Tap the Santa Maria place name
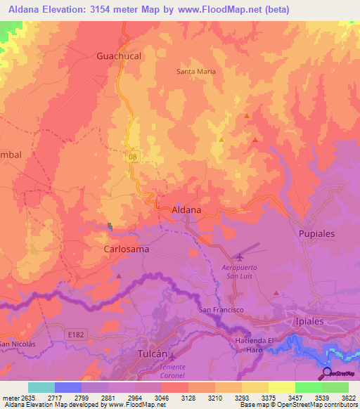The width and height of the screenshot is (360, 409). [x=196, y=71]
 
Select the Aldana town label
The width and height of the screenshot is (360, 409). [x=187, y=209]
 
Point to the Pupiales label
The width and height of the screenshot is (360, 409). [x=316, y=233]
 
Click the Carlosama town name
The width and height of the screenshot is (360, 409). [x=126, y=249]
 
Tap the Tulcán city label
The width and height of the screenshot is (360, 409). [x=155, y=354]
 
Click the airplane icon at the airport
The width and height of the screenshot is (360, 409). [x=241, y=258]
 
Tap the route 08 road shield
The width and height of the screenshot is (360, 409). [x=133, y=158]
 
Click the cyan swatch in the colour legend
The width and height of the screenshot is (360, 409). [x=41, y=387]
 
